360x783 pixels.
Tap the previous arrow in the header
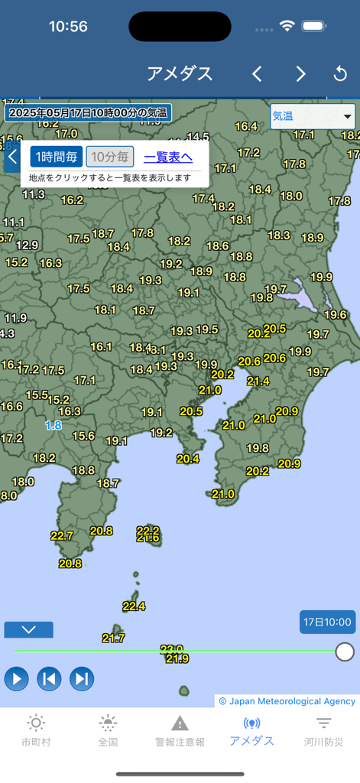click(x=257, y=74)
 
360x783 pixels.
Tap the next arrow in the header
click(x=300, y=74)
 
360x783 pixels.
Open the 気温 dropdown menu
click(x=313, y=116)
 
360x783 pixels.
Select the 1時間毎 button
click(x=57, y=157)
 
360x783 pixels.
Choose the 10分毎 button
click(x=110, y=157)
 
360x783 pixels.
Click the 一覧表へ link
click(x=168, y=157)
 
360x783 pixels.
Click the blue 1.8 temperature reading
click(x=54, y=425)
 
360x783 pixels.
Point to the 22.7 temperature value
click(x=62, y=536)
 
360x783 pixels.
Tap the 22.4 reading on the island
click(x=134, y=606)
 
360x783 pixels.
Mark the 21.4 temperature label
click(x=258, y=381)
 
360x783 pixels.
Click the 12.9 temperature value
click(x=27, y=245)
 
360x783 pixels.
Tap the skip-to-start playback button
click(x=49, y=678)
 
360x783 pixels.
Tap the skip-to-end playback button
click(x=82, y=678)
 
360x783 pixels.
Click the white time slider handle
click(x=345, y=651)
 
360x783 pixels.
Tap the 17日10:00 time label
click(x=327, y=622)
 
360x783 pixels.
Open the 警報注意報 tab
click(x=180, y=731)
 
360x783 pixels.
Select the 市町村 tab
click(x=36, y=731)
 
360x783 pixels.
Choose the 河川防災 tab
click(x=323, y=731)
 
